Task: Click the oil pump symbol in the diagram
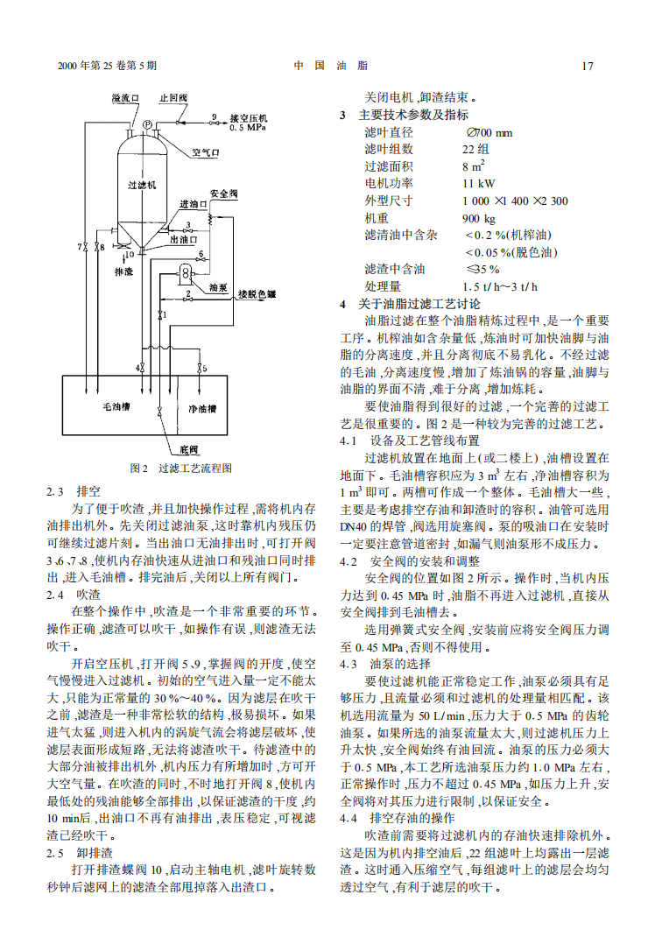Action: (187, 273)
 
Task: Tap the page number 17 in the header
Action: (588, 66)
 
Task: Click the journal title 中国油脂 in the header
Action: (330, 66)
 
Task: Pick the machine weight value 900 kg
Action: (478, 218)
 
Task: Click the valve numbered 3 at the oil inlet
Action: (208, 224)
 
